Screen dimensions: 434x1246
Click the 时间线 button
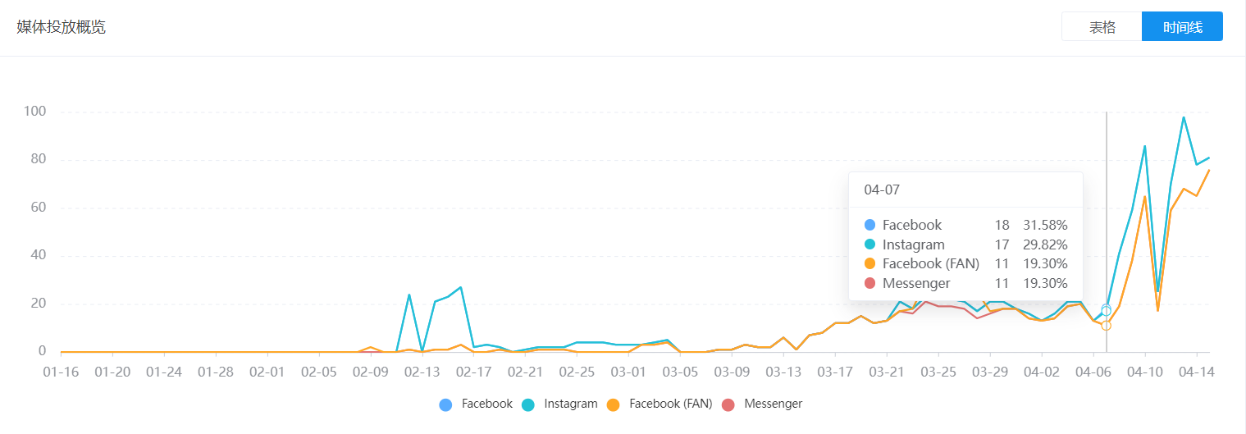click(1182, 27)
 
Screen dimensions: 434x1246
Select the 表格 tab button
click(1102, 27)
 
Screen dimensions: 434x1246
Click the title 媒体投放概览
click(62, 27)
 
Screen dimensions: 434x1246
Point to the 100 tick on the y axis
click(34, 112)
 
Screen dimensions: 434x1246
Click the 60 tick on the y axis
click(37, 208)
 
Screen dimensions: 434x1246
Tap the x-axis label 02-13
click(422, 372)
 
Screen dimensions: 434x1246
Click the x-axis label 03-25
click(938, 372)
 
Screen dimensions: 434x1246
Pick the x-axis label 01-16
click(61, 372)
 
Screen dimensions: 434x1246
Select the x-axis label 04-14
click(1196, 372)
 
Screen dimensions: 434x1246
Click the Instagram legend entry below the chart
click(570, 404)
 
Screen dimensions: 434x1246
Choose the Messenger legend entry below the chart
click(773, 404)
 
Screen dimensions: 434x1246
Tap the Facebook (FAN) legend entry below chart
click(670, 404)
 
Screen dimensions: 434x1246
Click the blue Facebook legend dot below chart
click(445, 404)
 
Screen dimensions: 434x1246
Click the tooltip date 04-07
click(882, 190)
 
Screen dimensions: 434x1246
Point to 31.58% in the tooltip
click(1045, 225)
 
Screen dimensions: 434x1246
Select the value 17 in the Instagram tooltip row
click(1002, 244)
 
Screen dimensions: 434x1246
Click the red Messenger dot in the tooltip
click(870, 284)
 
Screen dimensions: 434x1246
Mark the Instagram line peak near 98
click(1183, 117)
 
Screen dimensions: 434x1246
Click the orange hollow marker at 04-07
click(1106, 326)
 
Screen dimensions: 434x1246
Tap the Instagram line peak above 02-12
click(408, 295)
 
